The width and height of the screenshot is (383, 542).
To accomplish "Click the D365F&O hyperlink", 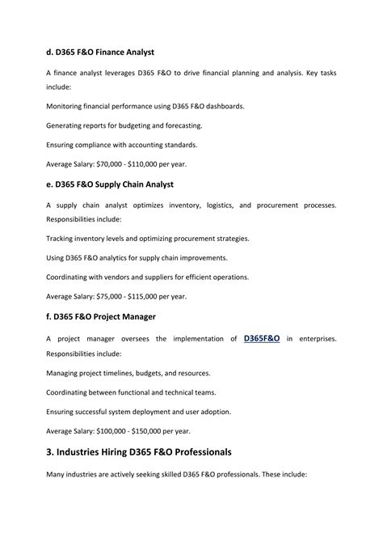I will tap(262, 338).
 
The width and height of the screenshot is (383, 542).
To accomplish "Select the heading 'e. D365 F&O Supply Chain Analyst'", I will tap(111, 184).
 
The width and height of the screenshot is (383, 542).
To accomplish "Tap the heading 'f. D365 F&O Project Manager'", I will tap(101, 315).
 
